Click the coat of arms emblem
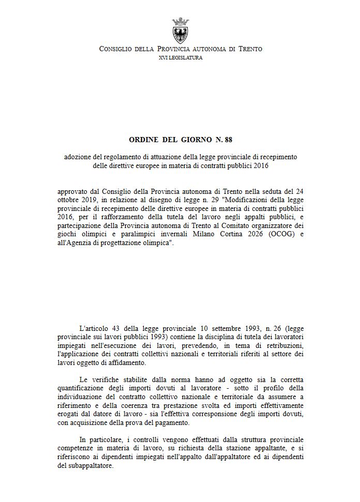pos(181,31)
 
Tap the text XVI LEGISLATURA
pos(181,58)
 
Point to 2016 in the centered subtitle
pos(261,166)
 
